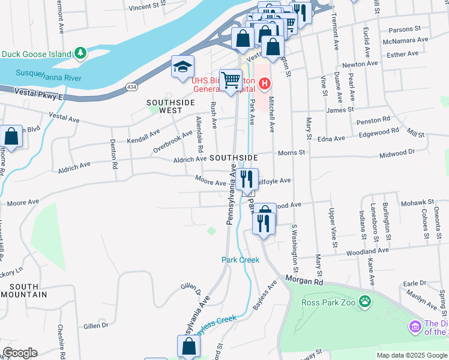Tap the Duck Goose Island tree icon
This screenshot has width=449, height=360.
click(x=80, y=53)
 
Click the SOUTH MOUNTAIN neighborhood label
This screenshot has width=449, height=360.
click(x=24, y=290)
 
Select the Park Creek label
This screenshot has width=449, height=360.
click(x=240, y=260)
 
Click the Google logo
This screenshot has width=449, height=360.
click(x=20, y=353)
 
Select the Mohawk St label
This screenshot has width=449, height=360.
click(x=415, y=203)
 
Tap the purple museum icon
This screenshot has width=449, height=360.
click(x=415, y=327)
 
